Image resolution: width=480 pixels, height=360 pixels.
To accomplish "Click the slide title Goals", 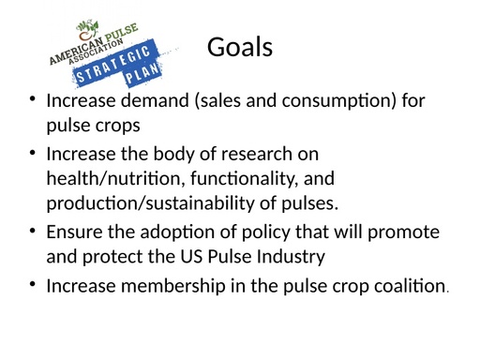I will [239, 46].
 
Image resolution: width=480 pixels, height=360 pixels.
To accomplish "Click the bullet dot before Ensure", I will [33, 231].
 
